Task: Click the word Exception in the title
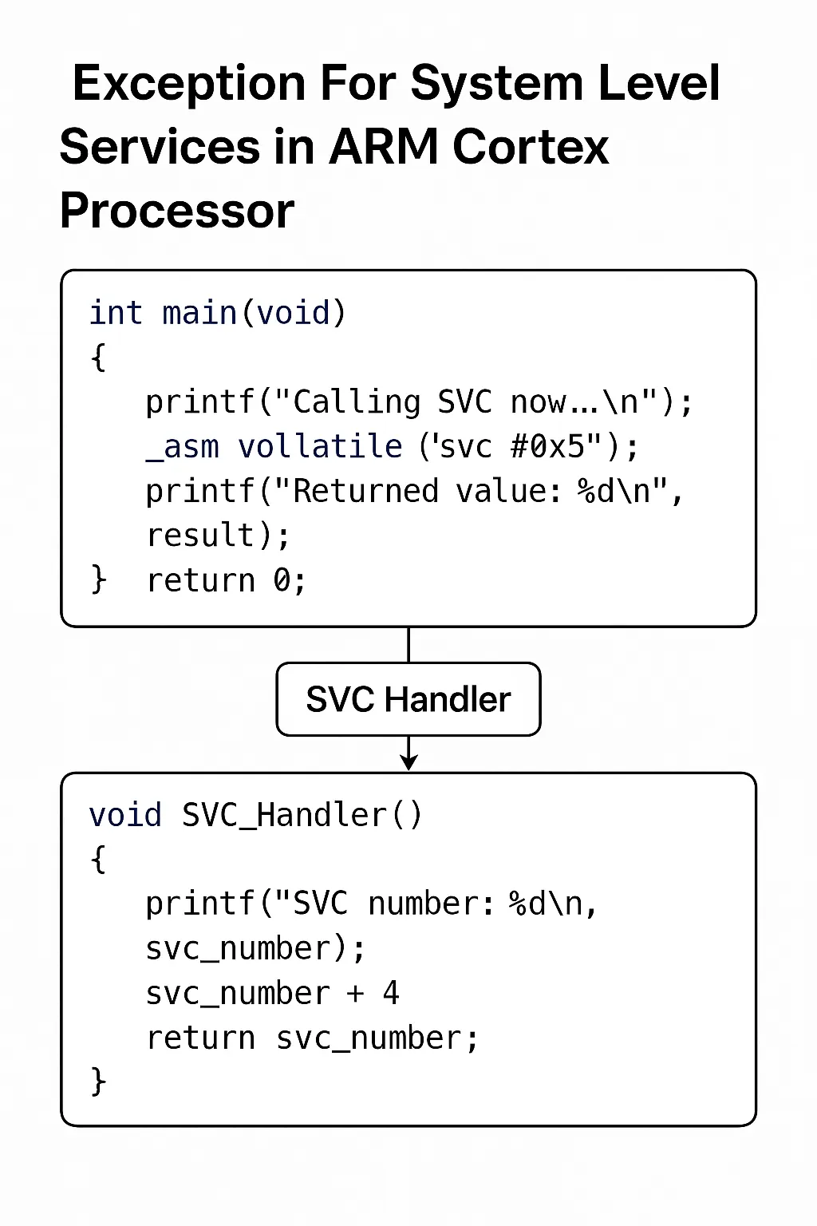click(x=188, y=85)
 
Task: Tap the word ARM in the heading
click(x=382, y=148)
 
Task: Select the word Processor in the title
click(x=177, y=212)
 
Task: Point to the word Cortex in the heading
click(x=530, y=148)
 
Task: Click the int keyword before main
click(x=116, y=313)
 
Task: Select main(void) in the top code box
click(x=254, y=313)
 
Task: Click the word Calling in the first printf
click(x=356, y=402)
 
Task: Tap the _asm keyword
click(x=183, y=447)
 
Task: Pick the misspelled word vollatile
click(x=320, y=447)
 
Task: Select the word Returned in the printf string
click(x=365, y=492)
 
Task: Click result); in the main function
click(x=218, y=536)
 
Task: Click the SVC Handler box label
click(x=408, y=700)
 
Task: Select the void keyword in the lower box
click(x=125, y=816)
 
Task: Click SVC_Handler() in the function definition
click(x=302, y=816)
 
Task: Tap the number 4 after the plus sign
click(x=391, y=994)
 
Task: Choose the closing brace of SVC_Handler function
click(x=98, y=1082)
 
